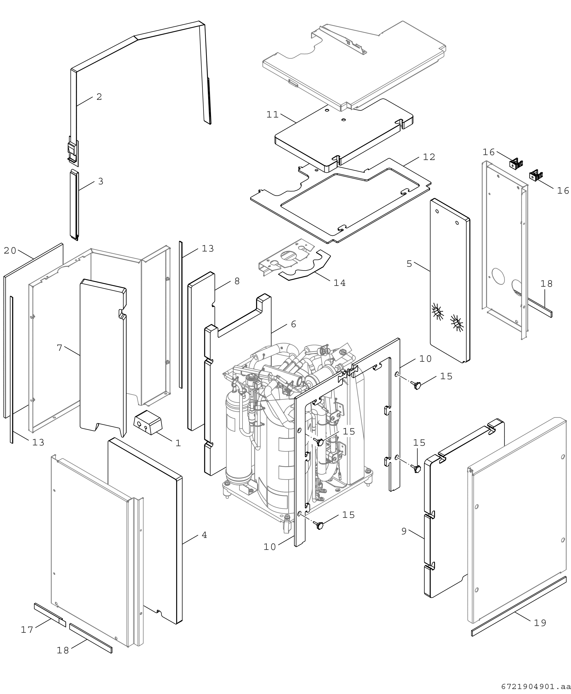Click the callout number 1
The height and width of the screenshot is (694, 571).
click(x=178, y=443)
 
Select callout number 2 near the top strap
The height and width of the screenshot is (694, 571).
click(x=99, y=97)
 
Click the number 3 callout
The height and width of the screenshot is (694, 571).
click(x=101, y=181)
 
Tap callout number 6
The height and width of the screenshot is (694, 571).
click(x=293, y=324)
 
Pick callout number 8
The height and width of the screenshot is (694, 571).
click(x=237, y=281)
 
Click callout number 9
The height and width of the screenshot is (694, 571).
click(x=404, y=531)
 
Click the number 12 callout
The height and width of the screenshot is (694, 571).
click(x=429, y=157)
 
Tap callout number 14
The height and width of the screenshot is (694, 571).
click(x=339, y=283)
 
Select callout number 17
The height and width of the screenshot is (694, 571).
click(x=27, y=630)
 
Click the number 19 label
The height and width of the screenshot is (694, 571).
click(x=540, y=623)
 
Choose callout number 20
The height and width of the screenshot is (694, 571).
click(x=10, y=250)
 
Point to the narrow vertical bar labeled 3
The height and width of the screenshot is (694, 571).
click(x=74, y=205)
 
